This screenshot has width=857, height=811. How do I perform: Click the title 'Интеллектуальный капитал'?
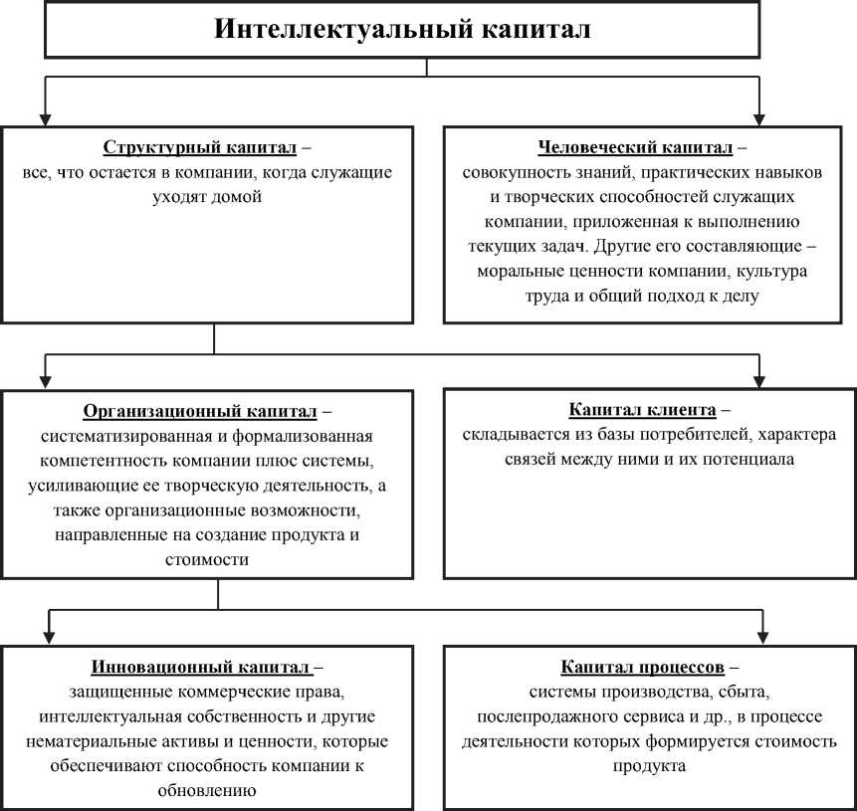pos(403,30)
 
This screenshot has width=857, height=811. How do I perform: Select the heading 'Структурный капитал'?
pos(199,148)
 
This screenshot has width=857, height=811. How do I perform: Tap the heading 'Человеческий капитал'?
pos(635,148)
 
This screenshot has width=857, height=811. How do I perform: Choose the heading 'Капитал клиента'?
pos(642,410)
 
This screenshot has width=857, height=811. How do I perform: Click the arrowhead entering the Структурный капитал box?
pos(43,117)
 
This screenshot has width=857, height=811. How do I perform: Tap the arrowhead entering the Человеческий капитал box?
pos(760,117)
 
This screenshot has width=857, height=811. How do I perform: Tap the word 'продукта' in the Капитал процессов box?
pos(649,766)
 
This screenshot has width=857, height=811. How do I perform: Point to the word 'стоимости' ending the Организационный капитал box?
pos(214,560)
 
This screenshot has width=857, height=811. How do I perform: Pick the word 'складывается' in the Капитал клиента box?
pos(509,436)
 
